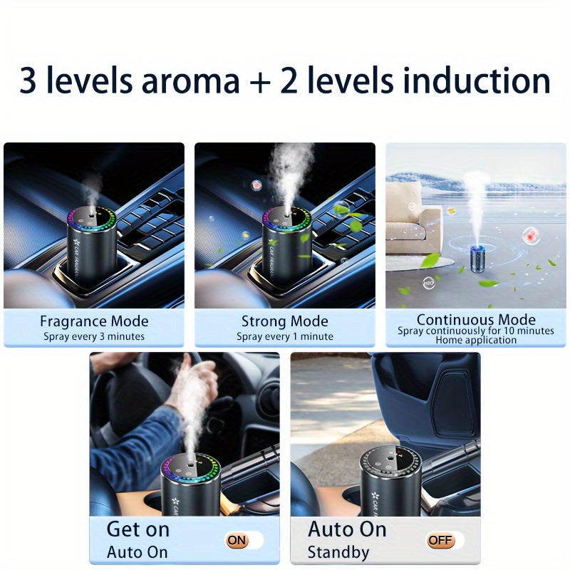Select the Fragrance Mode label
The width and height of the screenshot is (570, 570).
click(x=94, y=321)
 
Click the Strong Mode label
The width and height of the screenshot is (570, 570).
click(x=285, y=321)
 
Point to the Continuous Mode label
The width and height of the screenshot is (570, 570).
click(x=476, y=319)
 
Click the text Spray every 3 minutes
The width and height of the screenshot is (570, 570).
click(x=94, y=336)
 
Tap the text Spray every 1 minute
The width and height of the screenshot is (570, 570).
click(x=285, y=336)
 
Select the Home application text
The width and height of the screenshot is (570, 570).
click(x=476, y=341)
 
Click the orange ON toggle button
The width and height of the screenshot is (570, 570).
click(x=237, y=540)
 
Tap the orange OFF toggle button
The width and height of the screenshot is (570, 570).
click(x=440, y=540)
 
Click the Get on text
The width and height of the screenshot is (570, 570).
click(x=138, y=529)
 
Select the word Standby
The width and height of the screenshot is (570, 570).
click(x=338, y=552)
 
